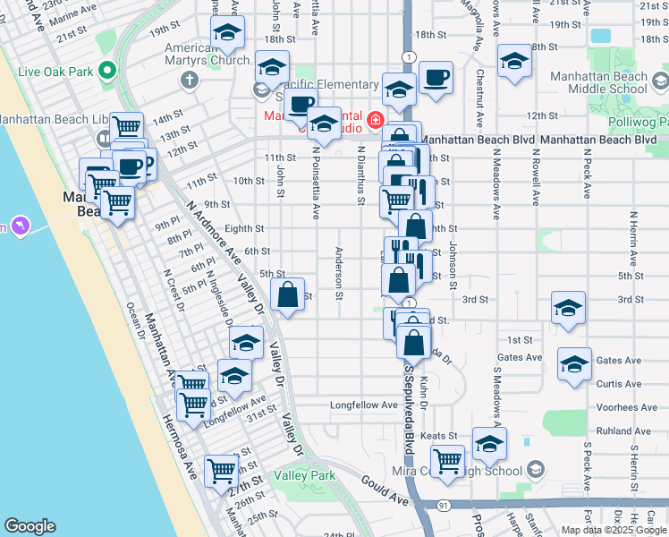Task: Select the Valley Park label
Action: (x=305, y=475)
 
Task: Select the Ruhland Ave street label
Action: (x=626, y=430)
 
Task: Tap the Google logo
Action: (x=30, y=526)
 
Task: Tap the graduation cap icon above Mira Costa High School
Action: (x=489, y=443)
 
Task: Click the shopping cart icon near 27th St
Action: (x=221, y=470)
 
